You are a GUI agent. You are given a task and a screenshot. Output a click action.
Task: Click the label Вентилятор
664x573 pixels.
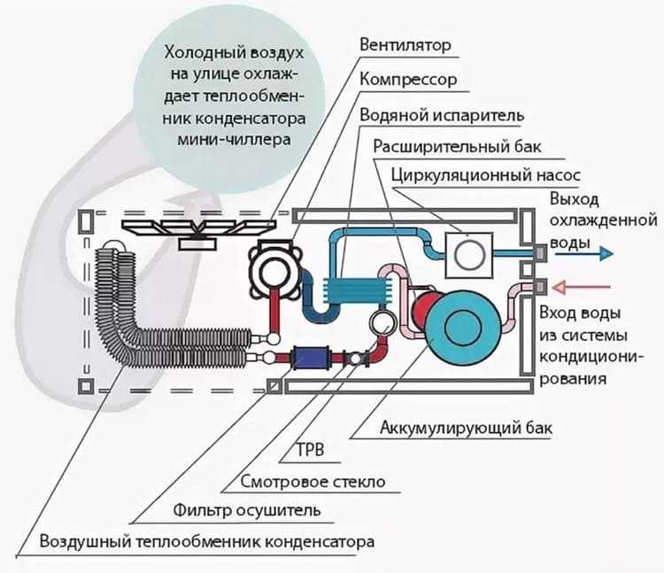tap(405, 45)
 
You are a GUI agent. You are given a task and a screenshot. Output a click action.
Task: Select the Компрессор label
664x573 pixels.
tap(408, 80)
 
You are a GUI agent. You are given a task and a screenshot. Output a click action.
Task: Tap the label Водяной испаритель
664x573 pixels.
tap(442, 115)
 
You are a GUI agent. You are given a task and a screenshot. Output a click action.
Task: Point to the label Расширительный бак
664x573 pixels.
tap(457, 146)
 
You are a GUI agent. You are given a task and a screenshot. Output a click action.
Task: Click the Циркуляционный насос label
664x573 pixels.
tap(486, 174)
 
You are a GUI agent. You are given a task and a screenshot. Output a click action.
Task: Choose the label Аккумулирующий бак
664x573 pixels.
tap(466, 428)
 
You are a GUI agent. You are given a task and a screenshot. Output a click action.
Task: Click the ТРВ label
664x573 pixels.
tap(311, 450)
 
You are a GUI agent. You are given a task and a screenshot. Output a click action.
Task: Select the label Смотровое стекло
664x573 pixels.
tap(313, 482)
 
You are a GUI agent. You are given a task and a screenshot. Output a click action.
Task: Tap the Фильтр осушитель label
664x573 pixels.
tap(246, 510)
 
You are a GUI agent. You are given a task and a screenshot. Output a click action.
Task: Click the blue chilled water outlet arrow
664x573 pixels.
tap(584, 253)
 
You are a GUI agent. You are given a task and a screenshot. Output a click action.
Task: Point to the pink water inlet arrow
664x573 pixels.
tap(582, 288)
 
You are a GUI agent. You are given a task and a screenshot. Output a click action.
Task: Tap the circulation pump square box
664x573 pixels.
tap(468, 255)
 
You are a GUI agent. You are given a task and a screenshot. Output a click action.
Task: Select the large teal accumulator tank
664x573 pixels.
tap(463, 325)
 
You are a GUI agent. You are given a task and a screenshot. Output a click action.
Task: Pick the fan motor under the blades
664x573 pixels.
tap(197, 244)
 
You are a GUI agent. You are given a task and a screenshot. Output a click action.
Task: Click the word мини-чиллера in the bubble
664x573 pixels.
tap(234, 140)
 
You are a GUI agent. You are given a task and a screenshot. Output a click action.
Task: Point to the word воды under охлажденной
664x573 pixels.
tap(569, 244)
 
